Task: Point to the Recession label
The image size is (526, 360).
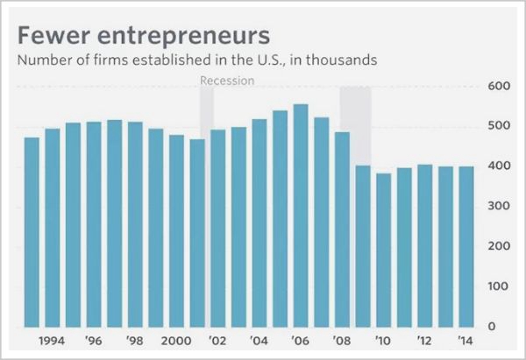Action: click(227, 81)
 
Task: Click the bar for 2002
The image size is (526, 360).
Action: click(217, 228)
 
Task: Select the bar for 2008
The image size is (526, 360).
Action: click(342, 229)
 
